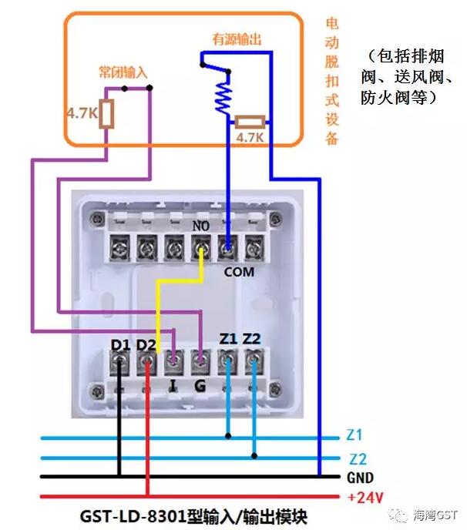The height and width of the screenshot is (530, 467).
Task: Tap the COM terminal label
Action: pyautogui.click(x=238, y=272)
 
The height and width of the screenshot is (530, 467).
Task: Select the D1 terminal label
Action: pyautogui.click(x=120, y=344)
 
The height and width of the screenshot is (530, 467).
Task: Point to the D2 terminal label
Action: pyautogui.click(x=146, y=344)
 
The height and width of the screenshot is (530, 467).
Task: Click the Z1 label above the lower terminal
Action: pyautogui.click(x=229, y=339)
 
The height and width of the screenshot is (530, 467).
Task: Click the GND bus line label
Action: pyautogui.click(x=359, y=478)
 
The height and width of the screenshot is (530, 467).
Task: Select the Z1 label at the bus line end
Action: pyautogui.click(x=354, y=435)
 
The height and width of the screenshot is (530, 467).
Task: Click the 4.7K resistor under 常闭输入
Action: pyautogui.click(x=109, y=114)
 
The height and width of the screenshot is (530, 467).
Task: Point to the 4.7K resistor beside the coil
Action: pyautogui.click(x=250, y=122)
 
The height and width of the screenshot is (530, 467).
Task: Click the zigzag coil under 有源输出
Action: pyautogui.click(x=222, y=96)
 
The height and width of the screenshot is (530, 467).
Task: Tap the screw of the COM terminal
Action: pyautogui.click(x=228, y=248)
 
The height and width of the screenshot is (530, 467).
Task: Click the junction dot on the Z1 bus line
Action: pyautogui.click(x=228, y=436)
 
